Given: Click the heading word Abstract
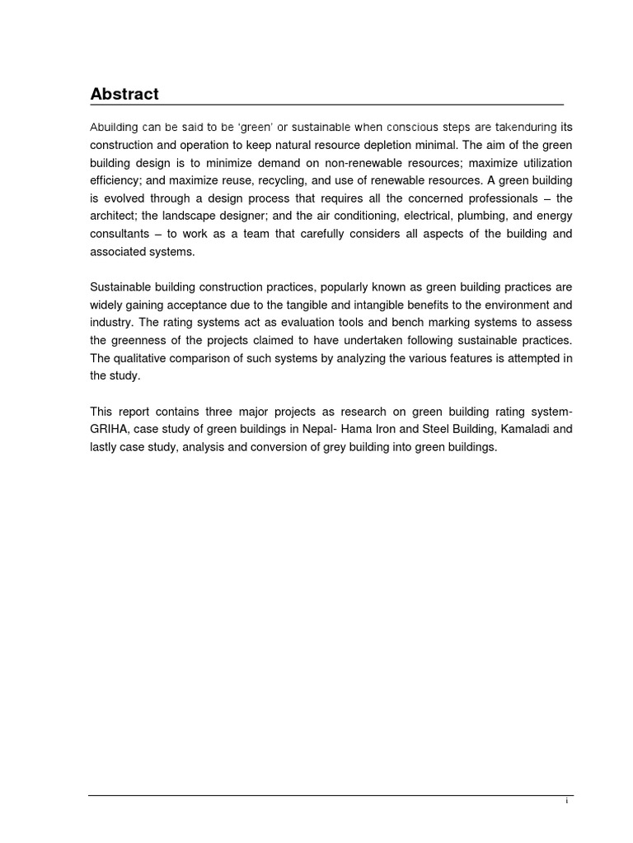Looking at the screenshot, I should tap(124, 94).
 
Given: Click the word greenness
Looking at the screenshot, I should tap(138, 340).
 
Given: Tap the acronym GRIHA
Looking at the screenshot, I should tap(109, 428).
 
